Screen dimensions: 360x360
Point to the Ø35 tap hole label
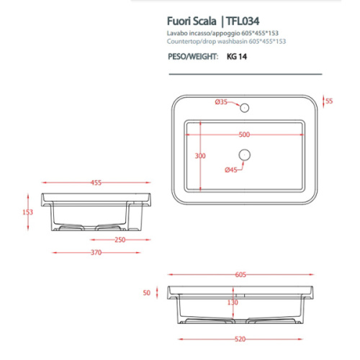(222, 103)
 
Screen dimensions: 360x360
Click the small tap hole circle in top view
(244, 109)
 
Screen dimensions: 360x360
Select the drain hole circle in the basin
(244, 154)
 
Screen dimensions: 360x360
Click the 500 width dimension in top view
(244, 135)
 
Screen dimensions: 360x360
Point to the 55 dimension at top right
(329, 102)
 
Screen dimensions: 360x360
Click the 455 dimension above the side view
(96, 183)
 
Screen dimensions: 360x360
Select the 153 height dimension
(28, 212)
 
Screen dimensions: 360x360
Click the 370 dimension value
(96, 253)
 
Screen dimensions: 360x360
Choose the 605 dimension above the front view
(240, 274)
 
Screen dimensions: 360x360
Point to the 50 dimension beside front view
(147, 293)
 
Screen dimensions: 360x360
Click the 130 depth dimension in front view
(233, 302)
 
